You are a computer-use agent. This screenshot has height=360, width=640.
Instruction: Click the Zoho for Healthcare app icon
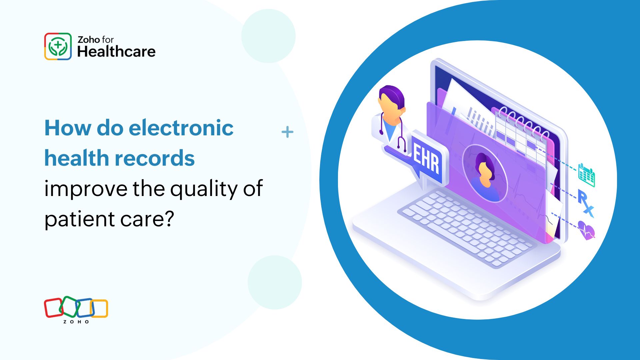[x=58, y=46]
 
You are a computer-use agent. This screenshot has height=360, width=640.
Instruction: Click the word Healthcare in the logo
[x=116, y=52]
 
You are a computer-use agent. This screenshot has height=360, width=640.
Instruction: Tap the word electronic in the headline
[x=181, y=128]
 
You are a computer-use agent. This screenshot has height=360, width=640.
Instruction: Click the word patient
[x=80, y=220]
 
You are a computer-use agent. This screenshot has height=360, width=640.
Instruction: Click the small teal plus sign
[x=287, y=132]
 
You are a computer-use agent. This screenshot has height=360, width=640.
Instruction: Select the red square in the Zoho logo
[x=53, y=308]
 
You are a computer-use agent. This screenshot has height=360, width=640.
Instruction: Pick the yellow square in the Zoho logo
[x=99, y=308]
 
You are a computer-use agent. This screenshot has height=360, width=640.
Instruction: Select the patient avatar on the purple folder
[x=485, y=173]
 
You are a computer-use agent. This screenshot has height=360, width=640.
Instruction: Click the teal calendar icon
[x=587, y=175]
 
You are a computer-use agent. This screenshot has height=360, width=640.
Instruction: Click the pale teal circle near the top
[x=268, y=36]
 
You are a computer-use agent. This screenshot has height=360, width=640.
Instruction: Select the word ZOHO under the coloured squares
[x=76, y=322]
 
